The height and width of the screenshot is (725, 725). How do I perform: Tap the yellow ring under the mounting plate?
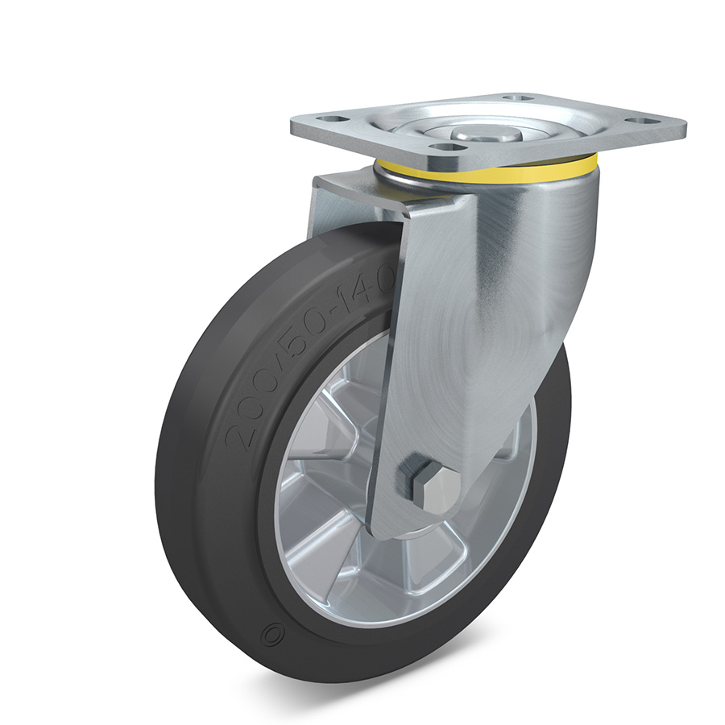(x=486, y=170)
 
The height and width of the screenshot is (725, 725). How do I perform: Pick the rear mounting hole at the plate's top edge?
(x=516, y=98)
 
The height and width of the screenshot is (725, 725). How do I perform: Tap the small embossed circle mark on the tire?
(x=269, y=635)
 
